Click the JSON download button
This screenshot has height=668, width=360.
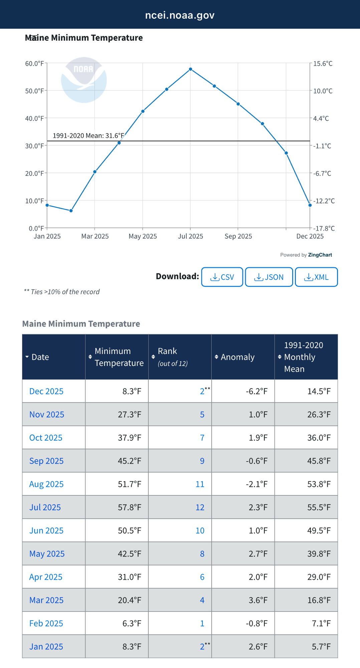point(269,277)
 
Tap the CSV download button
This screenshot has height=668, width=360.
point(222,277)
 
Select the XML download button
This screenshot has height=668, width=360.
point(316,277)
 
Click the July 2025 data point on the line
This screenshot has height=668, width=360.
point(190,69)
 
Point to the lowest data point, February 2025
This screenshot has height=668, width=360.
point(71,211)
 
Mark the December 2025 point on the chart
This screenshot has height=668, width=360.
point(310,205)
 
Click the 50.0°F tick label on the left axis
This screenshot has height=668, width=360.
point(34,91)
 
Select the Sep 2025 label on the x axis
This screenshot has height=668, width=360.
point(238,236)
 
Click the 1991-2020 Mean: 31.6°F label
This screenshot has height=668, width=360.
point(88,136)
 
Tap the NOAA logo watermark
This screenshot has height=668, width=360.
point(84,80)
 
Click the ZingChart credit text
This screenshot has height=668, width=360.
point(320,255)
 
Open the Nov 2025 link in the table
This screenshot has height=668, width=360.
point(47,414)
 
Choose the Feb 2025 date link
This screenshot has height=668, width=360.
point(46,623)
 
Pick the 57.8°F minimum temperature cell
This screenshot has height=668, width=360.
point(129,507)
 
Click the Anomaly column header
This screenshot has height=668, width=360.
point(237,357)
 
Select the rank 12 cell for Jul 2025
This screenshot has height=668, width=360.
point(200,507)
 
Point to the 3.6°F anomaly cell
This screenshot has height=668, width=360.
point(258,600)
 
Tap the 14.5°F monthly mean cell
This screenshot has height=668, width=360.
point(319,391)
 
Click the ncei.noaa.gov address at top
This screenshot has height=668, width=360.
point(180,15)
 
